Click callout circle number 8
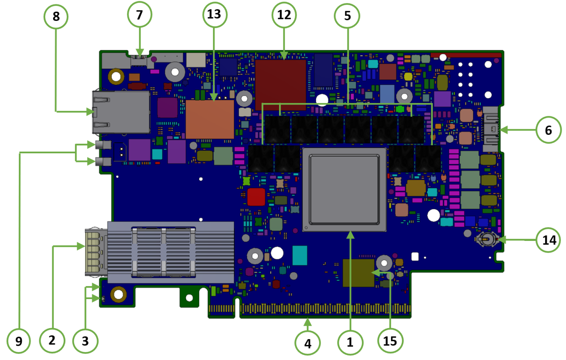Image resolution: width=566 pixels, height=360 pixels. (x=56, y=16)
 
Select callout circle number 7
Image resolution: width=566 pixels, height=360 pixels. (x=140, y=15)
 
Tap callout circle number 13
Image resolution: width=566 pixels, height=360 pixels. (x=214, y=15)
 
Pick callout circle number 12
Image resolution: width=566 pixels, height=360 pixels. (x=284, y=15)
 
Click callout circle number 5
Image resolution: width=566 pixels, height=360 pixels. (x=347, y=16)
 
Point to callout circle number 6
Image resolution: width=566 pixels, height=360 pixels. (x=548, y=130)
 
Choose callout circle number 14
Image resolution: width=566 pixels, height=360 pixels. (x=549, y=239)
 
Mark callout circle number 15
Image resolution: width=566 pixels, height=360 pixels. (x=390, y=341)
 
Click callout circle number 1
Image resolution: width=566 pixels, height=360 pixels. (x=350, y=342)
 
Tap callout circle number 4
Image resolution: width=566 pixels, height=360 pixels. (x=308, y=343)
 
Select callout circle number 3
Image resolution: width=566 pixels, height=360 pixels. (x=85, y=341)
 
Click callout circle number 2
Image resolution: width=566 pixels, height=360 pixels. (x=52, y=340)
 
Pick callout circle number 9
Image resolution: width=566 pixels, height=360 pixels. (x=19, y=341)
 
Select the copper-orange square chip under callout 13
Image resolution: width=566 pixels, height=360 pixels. (x=209, y=119)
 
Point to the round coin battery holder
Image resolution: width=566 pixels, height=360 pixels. (x=487, y=239)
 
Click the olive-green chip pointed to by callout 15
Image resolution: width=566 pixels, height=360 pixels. (x=358, y=273)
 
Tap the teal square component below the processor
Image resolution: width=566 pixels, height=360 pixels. (x=300, y=255)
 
